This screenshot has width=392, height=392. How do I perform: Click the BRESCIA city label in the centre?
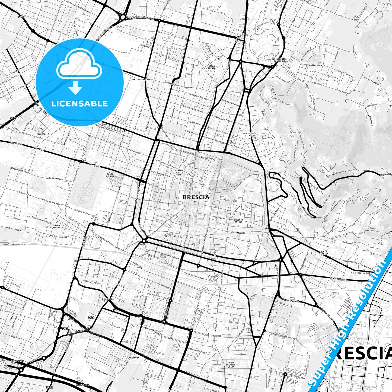[196, 197]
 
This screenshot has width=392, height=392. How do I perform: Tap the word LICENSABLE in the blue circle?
[79, 103]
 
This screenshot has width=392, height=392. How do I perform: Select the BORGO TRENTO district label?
[211, 67]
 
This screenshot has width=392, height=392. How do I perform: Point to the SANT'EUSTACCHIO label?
[141, 79]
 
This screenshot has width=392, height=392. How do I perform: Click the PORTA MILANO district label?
[110, 175]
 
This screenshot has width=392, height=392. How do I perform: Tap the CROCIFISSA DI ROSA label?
[249, 134]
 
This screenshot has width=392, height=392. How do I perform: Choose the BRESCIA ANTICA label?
[238, 221]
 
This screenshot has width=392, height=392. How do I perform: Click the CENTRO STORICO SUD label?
[169, 235]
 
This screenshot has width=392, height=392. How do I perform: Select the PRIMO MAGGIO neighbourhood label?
[57, 227]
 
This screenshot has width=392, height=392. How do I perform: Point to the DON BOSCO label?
[108, 299]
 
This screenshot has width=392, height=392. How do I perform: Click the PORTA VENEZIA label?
[324, 253]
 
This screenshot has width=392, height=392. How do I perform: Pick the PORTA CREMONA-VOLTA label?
[231, 365]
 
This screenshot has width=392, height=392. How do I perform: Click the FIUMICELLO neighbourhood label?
[43, 134]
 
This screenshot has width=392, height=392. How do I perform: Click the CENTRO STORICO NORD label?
[179, 173]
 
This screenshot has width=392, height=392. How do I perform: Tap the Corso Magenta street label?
[238, 233]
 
